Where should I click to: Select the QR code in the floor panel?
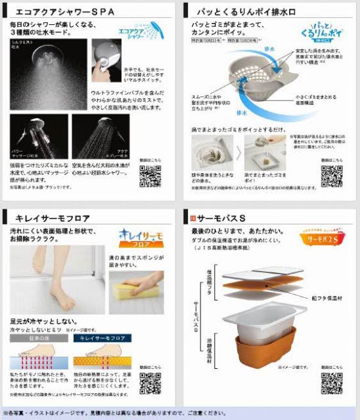[x=150, y=382]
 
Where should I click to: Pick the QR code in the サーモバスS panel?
[x=331, y=382]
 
